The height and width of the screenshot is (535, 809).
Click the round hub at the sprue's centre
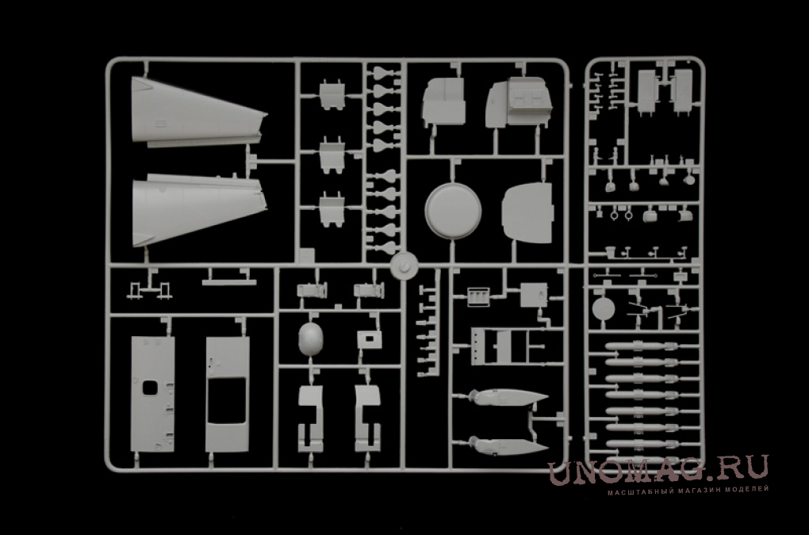[x=404, y=266]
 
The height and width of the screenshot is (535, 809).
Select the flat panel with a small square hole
[x=153, y=394]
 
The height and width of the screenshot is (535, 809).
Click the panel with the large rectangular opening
[x=228, y=394]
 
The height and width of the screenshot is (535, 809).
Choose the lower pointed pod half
[x=508, y=445]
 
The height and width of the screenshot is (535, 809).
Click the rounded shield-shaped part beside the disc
[x=527, y=212]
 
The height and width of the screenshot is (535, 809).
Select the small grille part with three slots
[x=478, y=297]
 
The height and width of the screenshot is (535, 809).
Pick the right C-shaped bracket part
[x=368, y=418]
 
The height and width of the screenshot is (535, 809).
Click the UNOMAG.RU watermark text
[x=658, y=469]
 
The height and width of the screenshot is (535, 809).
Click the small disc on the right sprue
[x=603, y=309]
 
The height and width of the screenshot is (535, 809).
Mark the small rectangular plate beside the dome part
[x=370, y=339]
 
